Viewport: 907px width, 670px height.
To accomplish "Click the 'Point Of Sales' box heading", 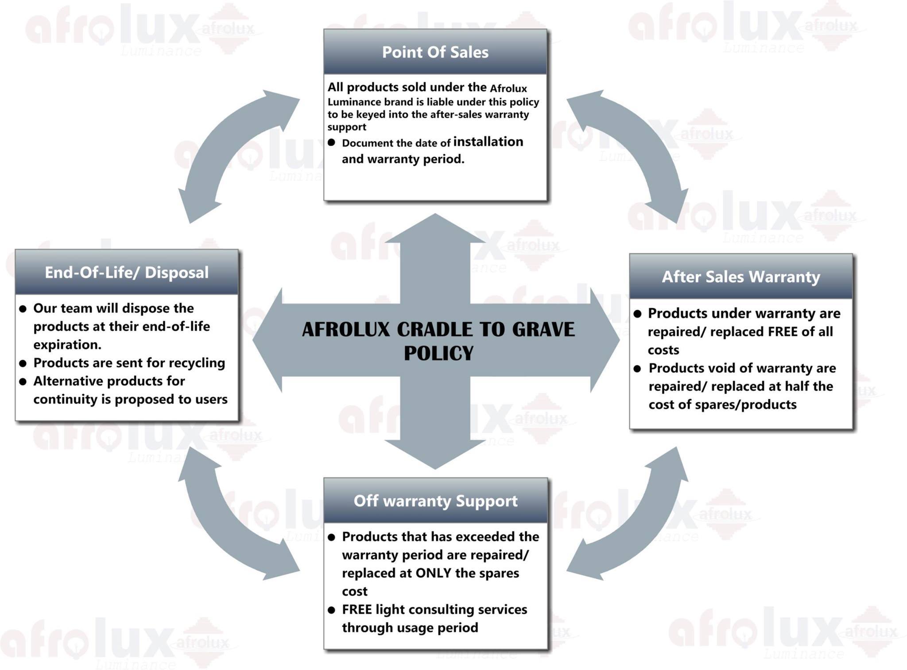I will point(435,52).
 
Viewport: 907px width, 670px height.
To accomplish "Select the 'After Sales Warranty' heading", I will point(741,277).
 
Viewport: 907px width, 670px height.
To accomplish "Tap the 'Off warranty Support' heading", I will point(435,501).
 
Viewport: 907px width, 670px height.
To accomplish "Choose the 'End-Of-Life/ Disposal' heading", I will point(127,273).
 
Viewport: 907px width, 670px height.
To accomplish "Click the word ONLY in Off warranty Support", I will point(434,573).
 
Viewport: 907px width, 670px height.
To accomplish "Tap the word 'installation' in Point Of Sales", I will point(488,142).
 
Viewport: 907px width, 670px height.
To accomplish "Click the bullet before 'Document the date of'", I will point(331,143).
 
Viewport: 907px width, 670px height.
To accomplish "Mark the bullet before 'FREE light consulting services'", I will point(331,610).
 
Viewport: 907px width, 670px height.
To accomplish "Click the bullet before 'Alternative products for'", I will point(23,382).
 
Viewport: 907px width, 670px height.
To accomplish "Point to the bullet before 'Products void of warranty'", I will point(637,369).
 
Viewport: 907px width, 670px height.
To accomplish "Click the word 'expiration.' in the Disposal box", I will point(67,345).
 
